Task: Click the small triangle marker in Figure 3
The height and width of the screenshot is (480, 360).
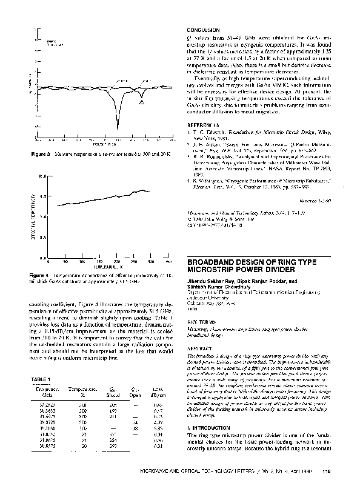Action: point(141,103)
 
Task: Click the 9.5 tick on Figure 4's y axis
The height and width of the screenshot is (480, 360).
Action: point(42,196)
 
